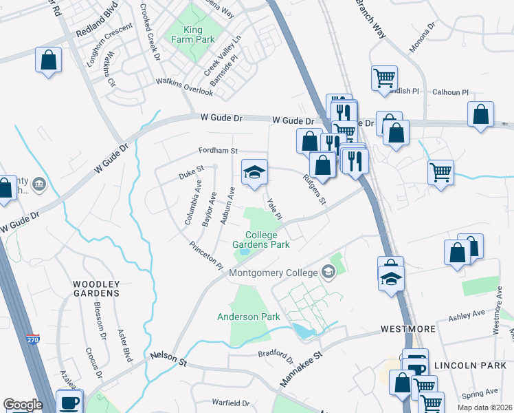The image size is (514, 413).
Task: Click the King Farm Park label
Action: pos(199,34)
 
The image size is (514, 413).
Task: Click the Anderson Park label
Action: pos(249,317)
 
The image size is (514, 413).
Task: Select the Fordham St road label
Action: pos(218,150)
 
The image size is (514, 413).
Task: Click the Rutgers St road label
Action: pos(313,189)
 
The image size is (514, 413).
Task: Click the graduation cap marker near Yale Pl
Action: pos(254,172)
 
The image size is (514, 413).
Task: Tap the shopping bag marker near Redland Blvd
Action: pos(49,59)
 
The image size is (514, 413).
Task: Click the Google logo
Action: pos(23,405)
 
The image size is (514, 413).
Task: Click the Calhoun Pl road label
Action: pos(450,92)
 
